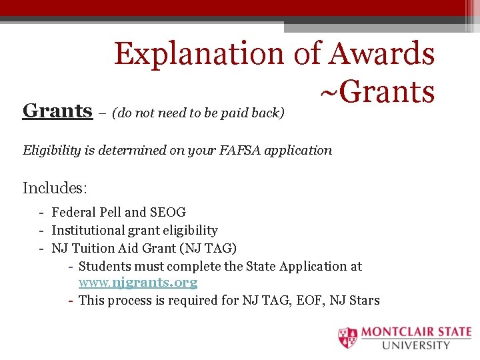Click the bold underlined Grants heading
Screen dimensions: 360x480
[57, 110]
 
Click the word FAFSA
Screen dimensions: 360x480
[235, 150]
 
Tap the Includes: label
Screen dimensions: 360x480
[54, 188]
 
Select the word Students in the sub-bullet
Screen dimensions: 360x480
[104, 266]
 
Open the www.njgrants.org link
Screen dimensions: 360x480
[138, 283]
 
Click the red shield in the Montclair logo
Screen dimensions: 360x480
[347, 338]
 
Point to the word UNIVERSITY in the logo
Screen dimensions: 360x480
[417, 345]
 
